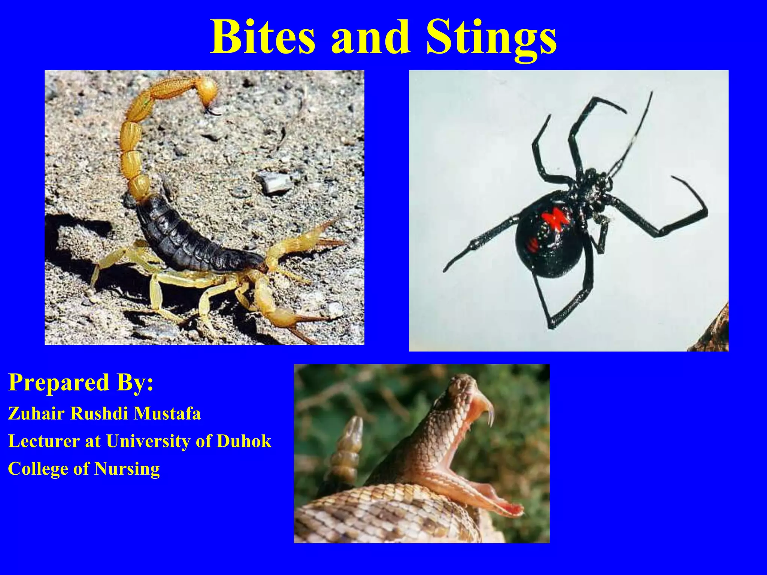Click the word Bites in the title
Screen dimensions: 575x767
point(263,37)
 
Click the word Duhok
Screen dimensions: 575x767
point(244,441)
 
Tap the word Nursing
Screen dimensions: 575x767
point(127,469)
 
